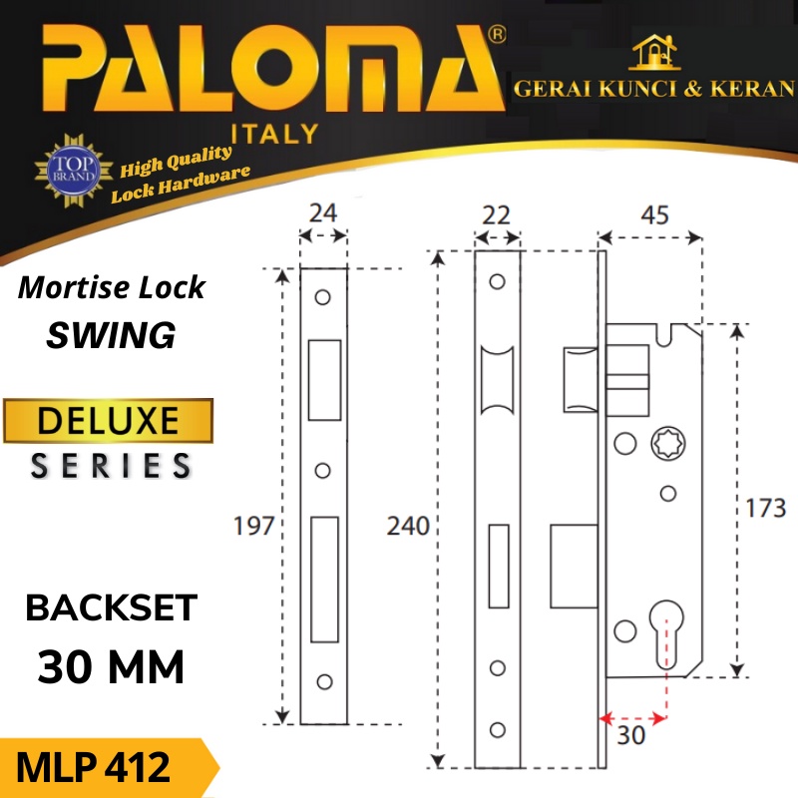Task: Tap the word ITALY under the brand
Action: (275, 133)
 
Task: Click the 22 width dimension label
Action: (496, 214)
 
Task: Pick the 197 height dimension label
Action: (253, 526)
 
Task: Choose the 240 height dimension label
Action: (409, 526)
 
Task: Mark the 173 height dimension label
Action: (765, 509)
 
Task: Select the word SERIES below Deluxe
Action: (111, 466)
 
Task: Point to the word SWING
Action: (112, 335)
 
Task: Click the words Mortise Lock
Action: (112, 288)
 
